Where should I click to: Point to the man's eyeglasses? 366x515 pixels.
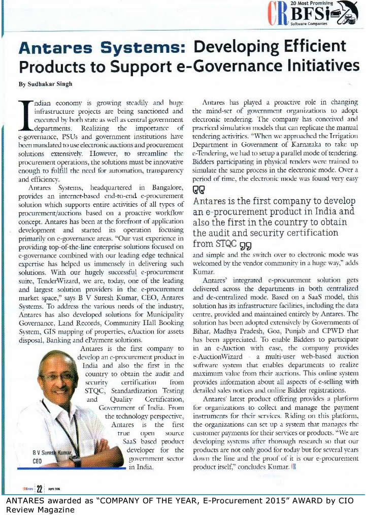point(58,377)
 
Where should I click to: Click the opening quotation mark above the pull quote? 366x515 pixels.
point(198,191)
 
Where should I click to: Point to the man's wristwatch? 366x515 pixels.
point(76,461)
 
